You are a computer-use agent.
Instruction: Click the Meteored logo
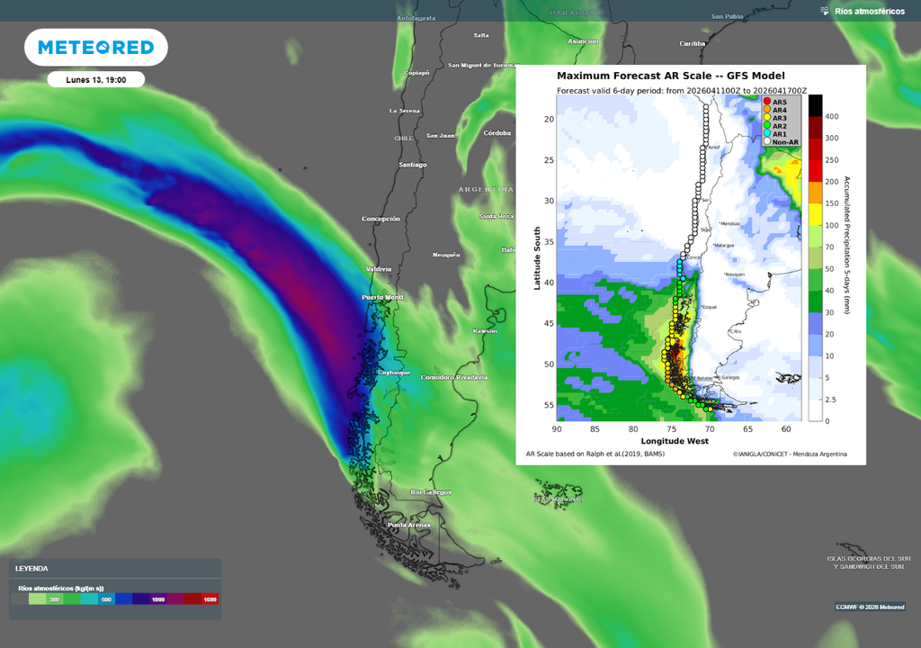pyautogui.click(x=95, y=47)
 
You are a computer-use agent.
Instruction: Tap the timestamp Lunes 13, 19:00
pyautogui.click(x=95, y=80)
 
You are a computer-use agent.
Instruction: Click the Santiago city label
pyautogui.click(x=413, y=165)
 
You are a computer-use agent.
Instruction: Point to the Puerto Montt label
pyautogui.click(x=382, y=297)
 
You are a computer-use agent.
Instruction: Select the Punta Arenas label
pyautogui.click(x=409, y=525)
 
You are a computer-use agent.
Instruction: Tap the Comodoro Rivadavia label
pyautogui.click(x=454, y=377)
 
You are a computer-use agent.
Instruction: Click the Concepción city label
pyautogui.click(x=380, y=219)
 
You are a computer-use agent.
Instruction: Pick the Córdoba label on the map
pyautogui.click(x=496, y=133)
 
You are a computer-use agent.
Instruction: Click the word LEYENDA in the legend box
pyautogui.click(x=32, y=569)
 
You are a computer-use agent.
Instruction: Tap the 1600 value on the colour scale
pyautogui.click(x=210, y=598)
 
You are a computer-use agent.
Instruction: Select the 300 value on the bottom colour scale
pyautogui.click(x=54, y=598)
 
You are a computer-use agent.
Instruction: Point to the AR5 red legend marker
pyautogui.click(x=767, y=102)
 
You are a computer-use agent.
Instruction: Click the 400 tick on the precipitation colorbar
pyautogui.click(x=832, y=117)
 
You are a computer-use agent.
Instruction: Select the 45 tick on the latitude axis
pyautogui.click(x=548, y=323)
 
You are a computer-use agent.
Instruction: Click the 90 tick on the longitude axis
pyautogui.click(x=558, y=429)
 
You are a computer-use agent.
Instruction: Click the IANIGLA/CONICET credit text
pyautogui.click(x=789, y=454)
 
